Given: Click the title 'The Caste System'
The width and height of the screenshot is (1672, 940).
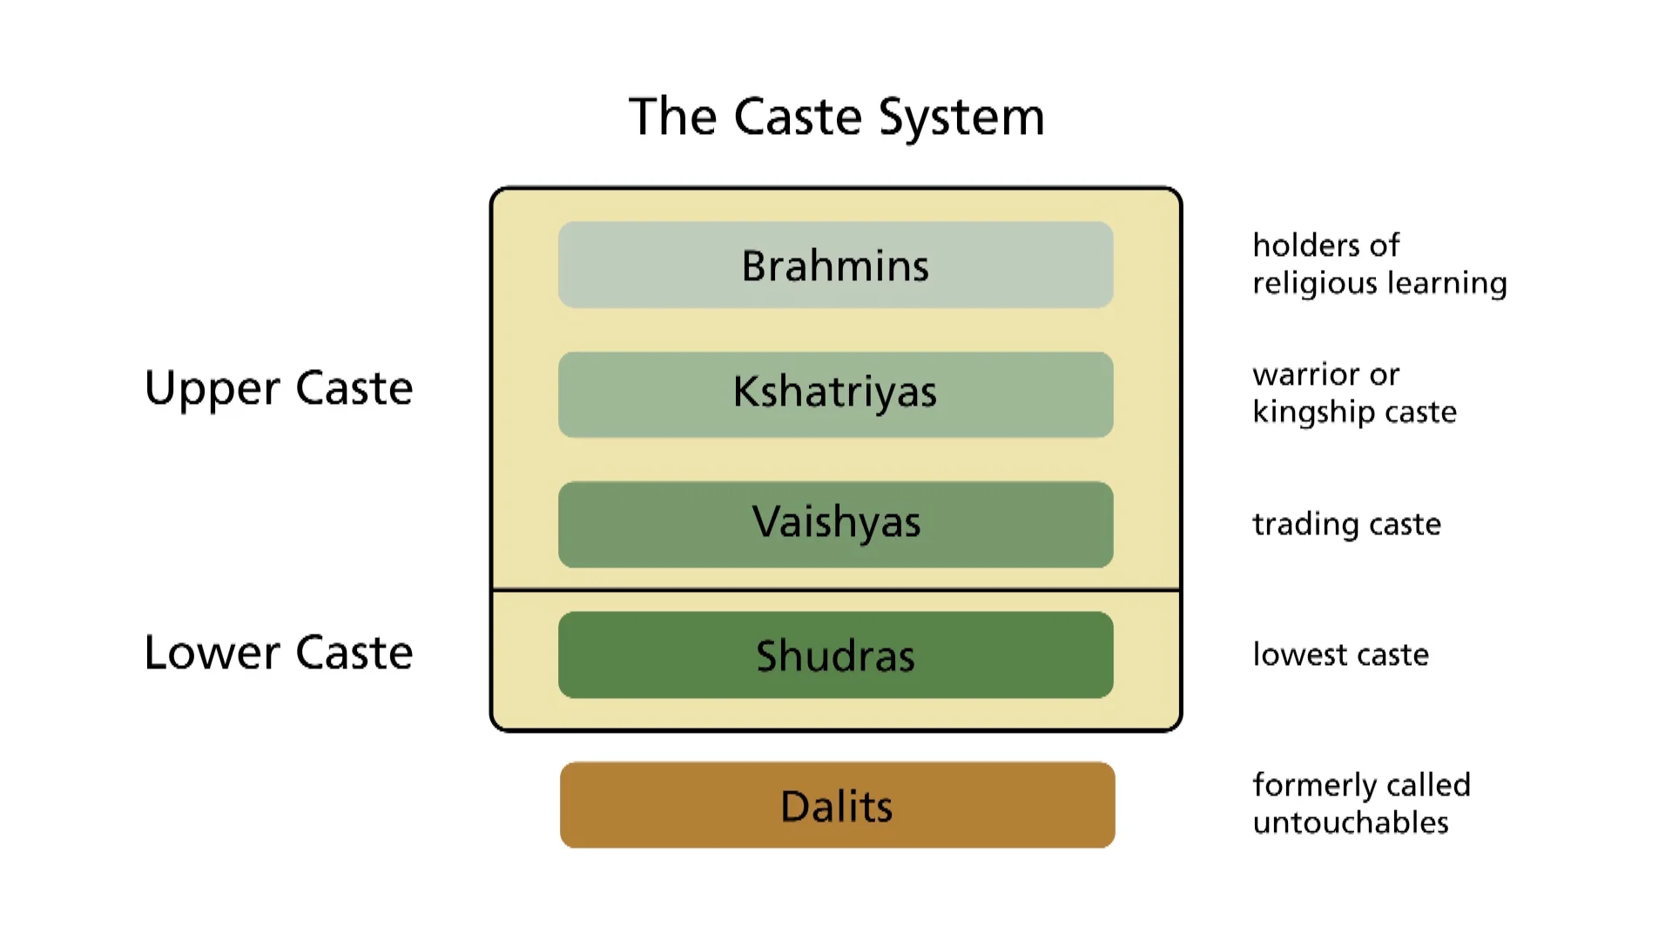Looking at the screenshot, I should coord(836,117).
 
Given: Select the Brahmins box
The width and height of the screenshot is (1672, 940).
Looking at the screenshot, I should coord(836,265).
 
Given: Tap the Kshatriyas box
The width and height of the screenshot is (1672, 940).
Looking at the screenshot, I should coord(836,394).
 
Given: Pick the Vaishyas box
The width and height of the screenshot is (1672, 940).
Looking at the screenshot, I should coord(836,524).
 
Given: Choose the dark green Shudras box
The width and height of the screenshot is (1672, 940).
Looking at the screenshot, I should coord(836,655).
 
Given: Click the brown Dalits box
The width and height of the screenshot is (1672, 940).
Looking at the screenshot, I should coord(837,805).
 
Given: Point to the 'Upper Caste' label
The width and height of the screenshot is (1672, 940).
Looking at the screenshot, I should coord(279,388).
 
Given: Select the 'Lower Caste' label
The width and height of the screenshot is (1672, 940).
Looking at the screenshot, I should coord(279,653).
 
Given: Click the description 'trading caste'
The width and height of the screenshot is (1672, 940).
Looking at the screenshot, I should coord(1346,524).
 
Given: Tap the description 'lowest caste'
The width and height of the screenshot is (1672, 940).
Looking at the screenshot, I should coord(1340,655).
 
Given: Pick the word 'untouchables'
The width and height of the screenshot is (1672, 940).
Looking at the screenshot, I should coord(1350,822).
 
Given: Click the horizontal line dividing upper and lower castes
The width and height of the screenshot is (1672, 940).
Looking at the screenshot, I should coord(836,590).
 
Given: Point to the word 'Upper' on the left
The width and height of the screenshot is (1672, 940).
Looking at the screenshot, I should coord(212,389).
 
